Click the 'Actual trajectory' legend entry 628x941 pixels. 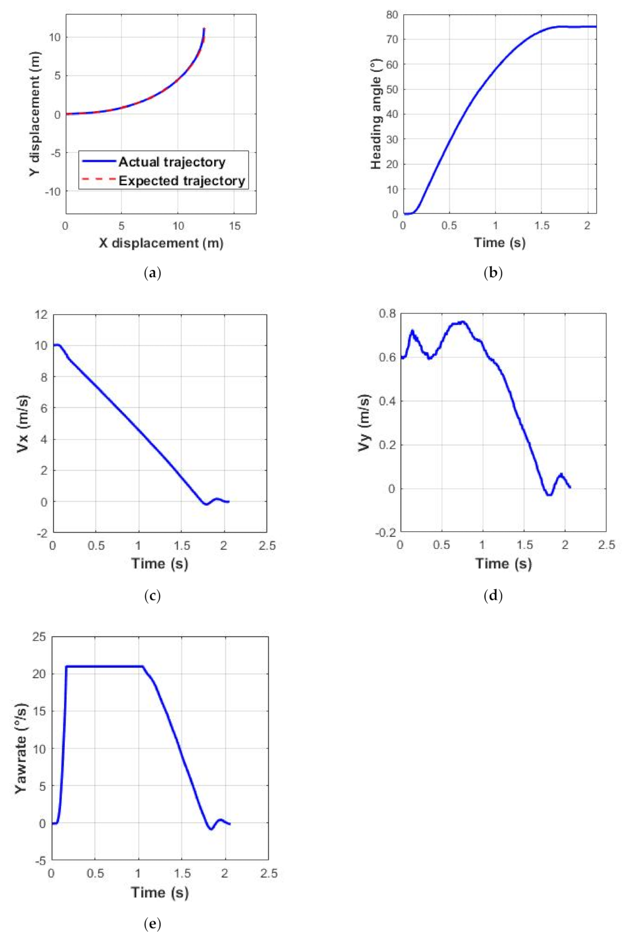pyautogui.click(x=172, y=162)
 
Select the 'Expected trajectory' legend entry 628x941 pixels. pyautogui.click(x=181, y=181)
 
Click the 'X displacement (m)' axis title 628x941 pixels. pyautogui.click(x=161, y=243)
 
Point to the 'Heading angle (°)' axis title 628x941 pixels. pyautogui.click(x=375, y=114)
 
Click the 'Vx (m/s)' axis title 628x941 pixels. pyautogui.click(x=24, y=423)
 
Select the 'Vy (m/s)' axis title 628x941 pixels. pyautogui.click(x=364, y=423)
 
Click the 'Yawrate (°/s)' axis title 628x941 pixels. pyautogui.click(x=21, y=748)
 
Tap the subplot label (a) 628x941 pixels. pyautogui.click(x=152, y=273)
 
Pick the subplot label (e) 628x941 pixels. pyautogui.click(x=152, y=924)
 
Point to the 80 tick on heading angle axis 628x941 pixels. pyautogui.click(x=391, y=15)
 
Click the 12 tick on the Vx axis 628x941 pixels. pyautogui.click(x=41, y=314)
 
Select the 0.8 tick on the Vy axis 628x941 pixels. pyautogui.click(x=387, y=314)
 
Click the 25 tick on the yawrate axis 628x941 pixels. pyautogui.click(x=39, y=636)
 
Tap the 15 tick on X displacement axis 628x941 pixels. pyautogui.click(x=234, y=226)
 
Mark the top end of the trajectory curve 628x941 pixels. pyautogui.click(x=204, y=29)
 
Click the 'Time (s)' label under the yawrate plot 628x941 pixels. pyautogui.click(x=159, y=892)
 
